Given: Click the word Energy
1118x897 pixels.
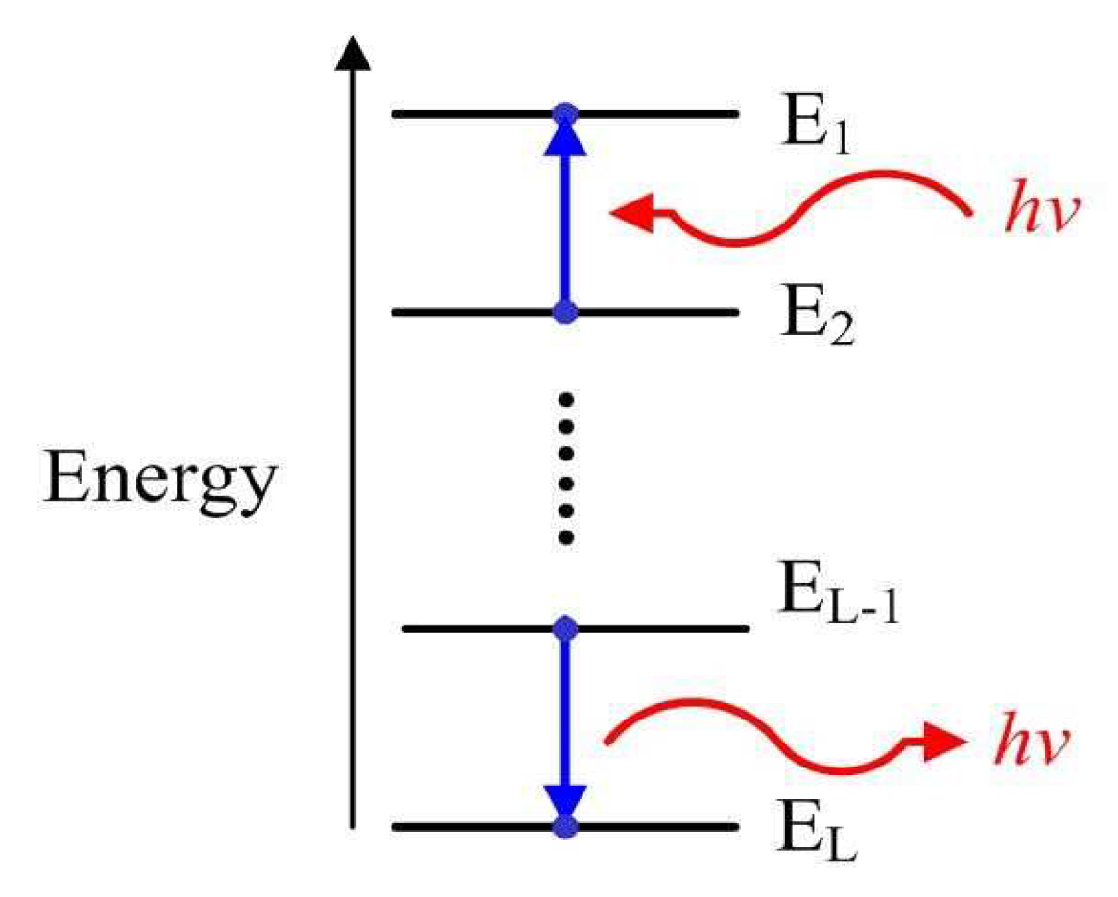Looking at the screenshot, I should coord(159,481).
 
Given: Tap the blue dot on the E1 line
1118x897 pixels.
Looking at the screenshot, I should coord(565,114).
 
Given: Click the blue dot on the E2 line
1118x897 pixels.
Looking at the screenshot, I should coord(565,312).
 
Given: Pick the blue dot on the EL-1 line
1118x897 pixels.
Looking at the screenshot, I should coord(565,629).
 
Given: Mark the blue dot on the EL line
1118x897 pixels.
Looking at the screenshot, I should coord(565,826).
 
